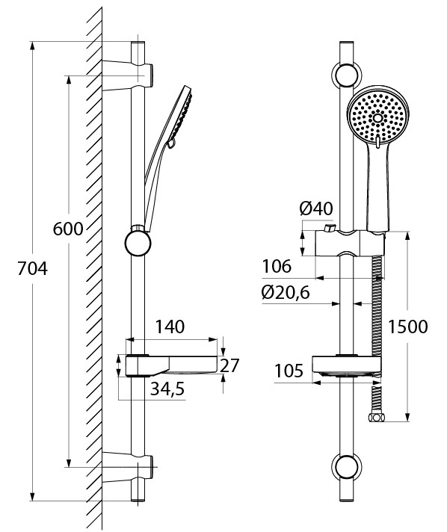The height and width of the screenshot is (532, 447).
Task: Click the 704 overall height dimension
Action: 33,269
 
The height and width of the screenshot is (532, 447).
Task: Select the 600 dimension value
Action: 68,229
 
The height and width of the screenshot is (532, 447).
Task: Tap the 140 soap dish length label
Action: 170,327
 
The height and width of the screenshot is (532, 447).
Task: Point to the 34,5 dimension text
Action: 167,389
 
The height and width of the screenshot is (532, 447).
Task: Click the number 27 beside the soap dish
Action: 229,365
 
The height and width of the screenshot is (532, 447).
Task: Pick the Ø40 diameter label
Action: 316,208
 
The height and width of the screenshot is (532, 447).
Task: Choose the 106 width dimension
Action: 277,266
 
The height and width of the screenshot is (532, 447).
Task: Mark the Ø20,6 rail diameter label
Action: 286,292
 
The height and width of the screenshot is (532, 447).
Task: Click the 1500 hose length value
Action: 407,327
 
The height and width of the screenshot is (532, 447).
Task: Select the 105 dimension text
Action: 289,371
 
